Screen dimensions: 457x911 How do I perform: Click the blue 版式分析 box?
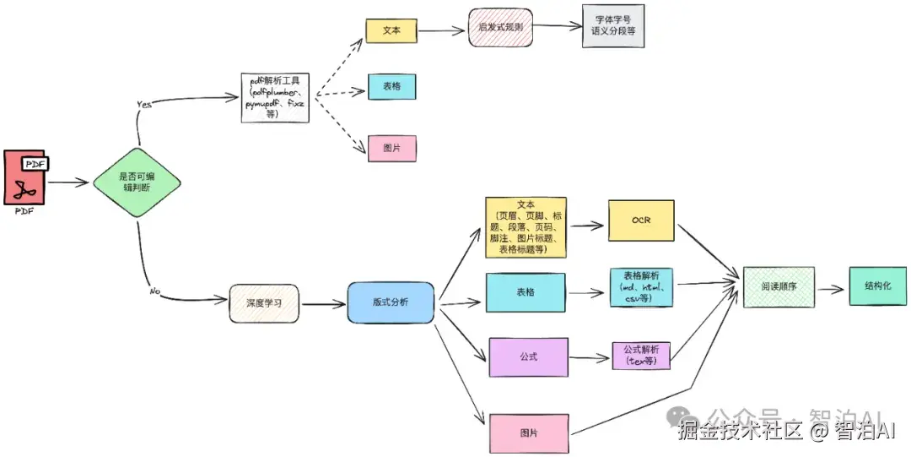(390, 302)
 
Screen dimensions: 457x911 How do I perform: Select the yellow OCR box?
(641, 221)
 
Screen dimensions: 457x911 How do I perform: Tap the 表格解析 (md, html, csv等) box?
(641, 288)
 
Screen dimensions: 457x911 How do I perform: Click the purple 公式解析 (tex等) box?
(641, 355)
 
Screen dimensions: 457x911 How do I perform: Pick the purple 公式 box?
(528, 357)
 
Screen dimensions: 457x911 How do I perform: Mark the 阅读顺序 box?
(778, 287)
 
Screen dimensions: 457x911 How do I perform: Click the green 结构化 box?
(879, 286)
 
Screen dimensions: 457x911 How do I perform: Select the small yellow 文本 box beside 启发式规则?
(391, 30)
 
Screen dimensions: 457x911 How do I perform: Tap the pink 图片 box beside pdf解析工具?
(391, 148)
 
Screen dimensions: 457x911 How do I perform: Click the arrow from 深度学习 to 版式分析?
(325, 303)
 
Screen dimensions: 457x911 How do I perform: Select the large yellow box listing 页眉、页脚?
(526, 227)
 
